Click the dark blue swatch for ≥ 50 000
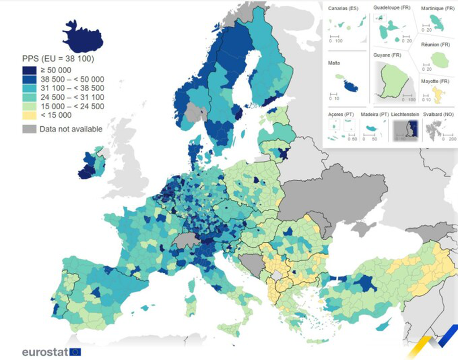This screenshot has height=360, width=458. pos(29,70)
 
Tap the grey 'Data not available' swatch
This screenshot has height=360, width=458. pos(29,129)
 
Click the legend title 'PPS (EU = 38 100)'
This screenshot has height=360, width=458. pos(57,59)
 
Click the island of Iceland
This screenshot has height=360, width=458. pos(83,37)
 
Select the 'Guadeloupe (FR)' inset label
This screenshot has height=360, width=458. pos(392,8)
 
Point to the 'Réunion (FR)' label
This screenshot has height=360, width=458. pos(436,44)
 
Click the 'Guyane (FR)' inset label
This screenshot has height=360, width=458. pos(387,55)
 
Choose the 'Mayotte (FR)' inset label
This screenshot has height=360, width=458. pos(437,82)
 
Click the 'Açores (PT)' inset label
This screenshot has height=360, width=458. pos(340,114)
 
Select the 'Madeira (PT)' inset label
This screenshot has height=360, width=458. pos(375,114)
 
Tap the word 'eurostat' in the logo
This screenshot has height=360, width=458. pos(45,352)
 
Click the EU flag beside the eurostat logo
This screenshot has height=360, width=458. pos(75,352)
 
